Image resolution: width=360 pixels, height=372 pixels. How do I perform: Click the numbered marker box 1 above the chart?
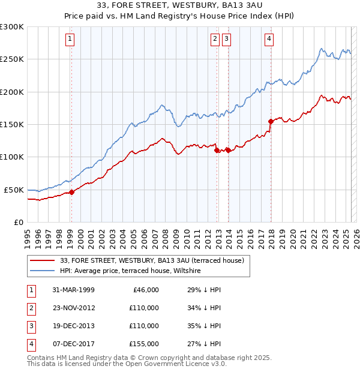pos(70,40)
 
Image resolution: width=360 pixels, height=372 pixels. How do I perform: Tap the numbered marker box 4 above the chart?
pos(269,40)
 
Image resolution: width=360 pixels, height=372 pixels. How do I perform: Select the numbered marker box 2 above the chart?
pos(215,40)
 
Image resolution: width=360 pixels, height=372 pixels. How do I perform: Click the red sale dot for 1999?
pos(71,192)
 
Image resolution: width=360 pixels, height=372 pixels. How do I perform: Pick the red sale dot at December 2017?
pos(271,121)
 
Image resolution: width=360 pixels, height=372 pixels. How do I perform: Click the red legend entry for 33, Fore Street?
pos(152,260)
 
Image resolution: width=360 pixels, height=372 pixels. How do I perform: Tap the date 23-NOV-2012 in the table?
pos(73,308)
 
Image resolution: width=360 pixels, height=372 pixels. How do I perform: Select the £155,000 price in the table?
pos(144,344)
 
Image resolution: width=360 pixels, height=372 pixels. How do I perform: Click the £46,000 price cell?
pos(146,290)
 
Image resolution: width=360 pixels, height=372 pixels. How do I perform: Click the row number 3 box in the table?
pos(31,326)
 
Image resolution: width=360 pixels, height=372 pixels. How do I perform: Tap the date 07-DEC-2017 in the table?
pos(73,344)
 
